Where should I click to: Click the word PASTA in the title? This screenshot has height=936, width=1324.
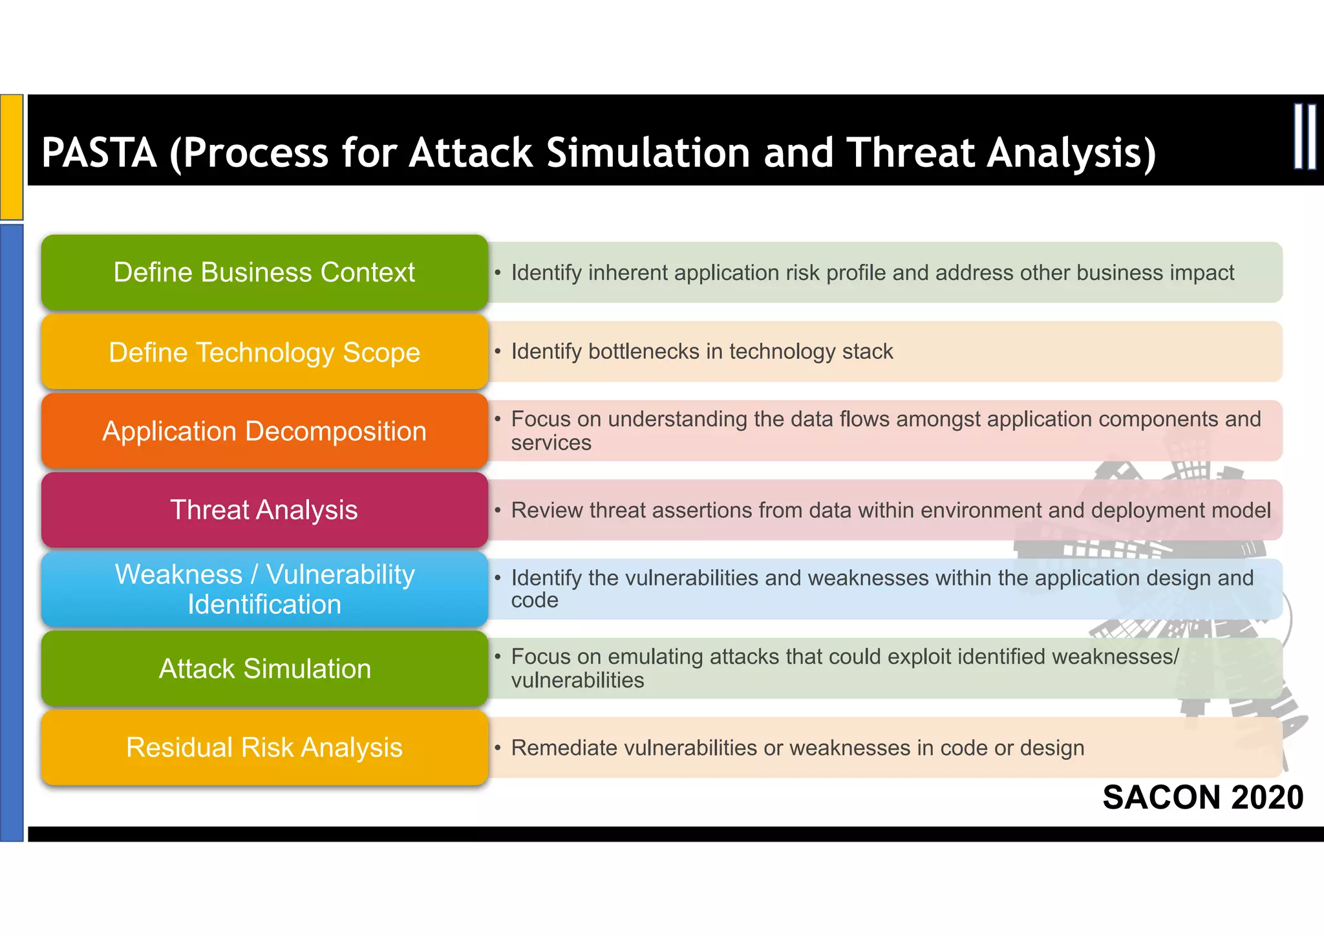click(99, 153)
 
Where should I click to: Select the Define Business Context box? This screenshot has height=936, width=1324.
click(264, 272)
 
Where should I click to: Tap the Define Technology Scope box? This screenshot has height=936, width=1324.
click(264, 352)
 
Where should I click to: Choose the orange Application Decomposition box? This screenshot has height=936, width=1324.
click(264, 431)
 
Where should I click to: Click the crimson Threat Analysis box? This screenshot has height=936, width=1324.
click(264, 510)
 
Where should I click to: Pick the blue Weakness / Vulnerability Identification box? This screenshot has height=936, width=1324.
click(264, 589)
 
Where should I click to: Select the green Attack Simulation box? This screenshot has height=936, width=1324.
click(264, 668)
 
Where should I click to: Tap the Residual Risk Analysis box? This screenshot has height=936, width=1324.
click(264, 747)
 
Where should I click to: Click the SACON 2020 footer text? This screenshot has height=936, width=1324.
click(1202, 797)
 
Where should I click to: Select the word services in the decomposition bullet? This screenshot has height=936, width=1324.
click(551, 443)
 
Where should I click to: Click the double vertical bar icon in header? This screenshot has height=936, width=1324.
click(1305, 137)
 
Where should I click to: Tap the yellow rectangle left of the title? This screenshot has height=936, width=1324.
click(12, 157)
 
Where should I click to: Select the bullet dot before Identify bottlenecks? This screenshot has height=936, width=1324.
click(498, 351)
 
